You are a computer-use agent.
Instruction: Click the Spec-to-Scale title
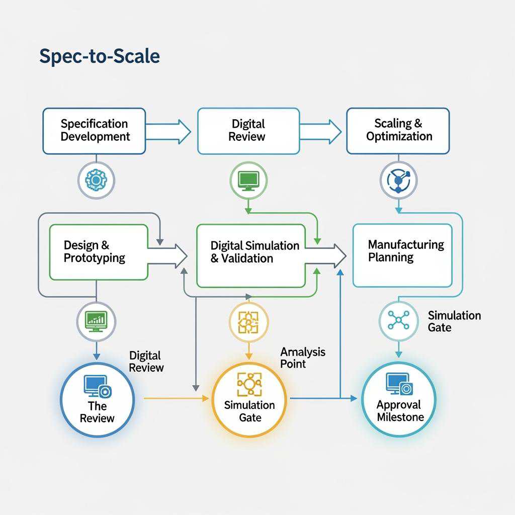point(100,56)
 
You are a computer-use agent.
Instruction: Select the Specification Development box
point(95,130)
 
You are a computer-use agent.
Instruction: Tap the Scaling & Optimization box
point(398,130)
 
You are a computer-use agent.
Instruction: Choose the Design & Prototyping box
point(99,252)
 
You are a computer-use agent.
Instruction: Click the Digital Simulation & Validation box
point(251,255)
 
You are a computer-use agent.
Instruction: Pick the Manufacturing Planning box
point(402,255)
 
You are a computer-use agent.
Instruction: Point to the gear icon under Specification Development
point(97,180)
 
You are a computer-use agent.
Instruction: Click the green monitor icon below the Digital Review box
point(248,180)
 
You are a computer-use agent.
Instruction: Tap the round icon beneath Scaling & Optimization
point(399,180)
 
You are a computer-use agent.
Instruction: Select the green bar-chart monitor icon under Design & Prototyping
point(96,320)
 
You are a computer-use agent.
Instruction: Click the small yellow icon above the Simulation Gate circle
point(247,321)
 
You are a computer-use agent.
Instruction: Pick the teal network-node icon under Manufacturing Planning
point(398,320)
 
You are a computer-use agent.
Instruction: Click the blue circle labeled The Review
point(98,399)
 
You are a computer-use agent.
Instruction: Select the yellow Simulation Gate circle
point(249,399)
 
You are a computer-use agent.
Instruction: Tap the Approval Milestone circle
point(399,399)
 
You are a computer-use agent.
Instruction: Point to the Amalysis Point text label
point(302,358)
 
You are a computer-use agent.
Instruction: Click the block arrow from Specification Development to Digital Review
point(168,131)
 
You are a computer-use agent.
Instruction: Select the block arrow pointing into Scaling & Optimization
point(321,131)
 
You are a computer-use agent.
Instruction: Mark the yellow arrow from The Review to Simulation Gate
point(176,398)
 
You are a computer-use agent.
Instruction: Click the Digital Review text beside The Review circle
point(146,362)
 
